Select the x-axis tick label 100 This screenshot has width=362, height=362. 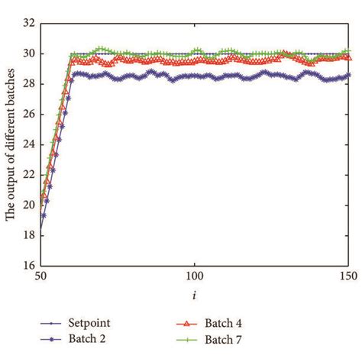point(195,276)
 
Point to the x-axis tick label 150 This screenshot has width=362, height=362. point(348,276)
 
